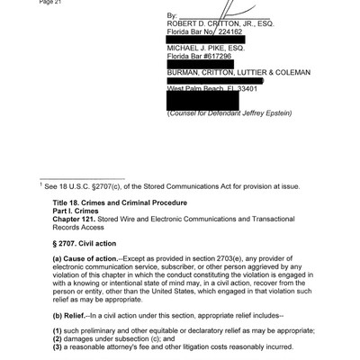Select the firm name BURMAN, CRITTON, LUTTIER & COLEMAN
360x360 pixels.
point(238,73)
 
